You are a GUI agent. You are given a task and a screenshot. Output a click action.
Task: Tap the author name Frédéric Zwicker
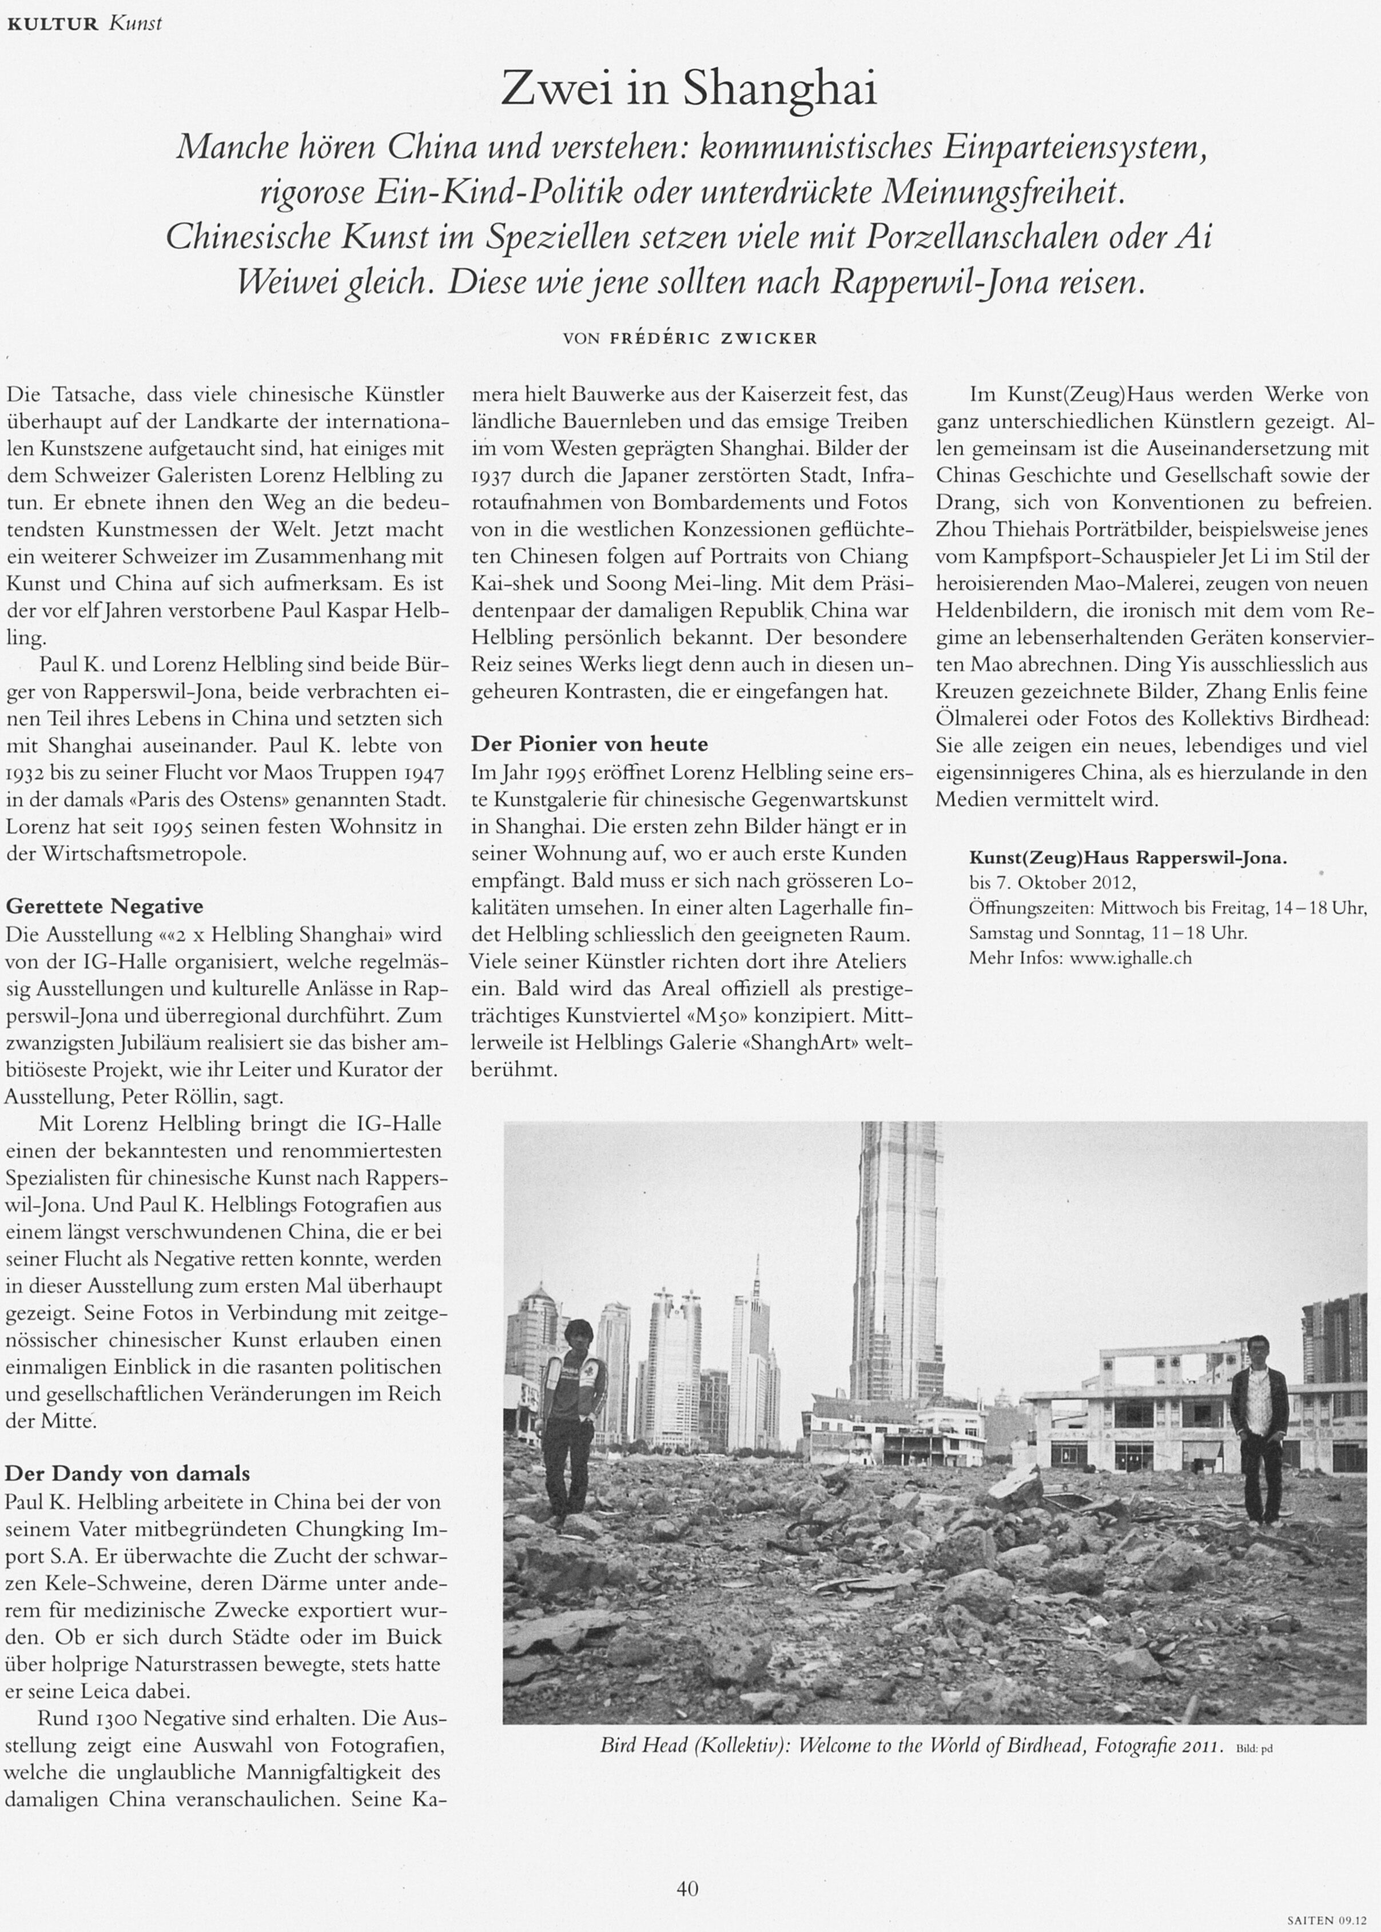tap(714, 338)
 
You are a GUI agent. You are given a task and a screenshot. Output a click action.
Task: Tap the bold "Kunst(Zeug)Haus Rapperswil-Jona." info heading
tap(1128, 858)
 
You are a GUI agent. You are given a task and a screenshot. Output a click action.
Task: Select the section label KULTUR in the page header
tap(53, 24)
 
